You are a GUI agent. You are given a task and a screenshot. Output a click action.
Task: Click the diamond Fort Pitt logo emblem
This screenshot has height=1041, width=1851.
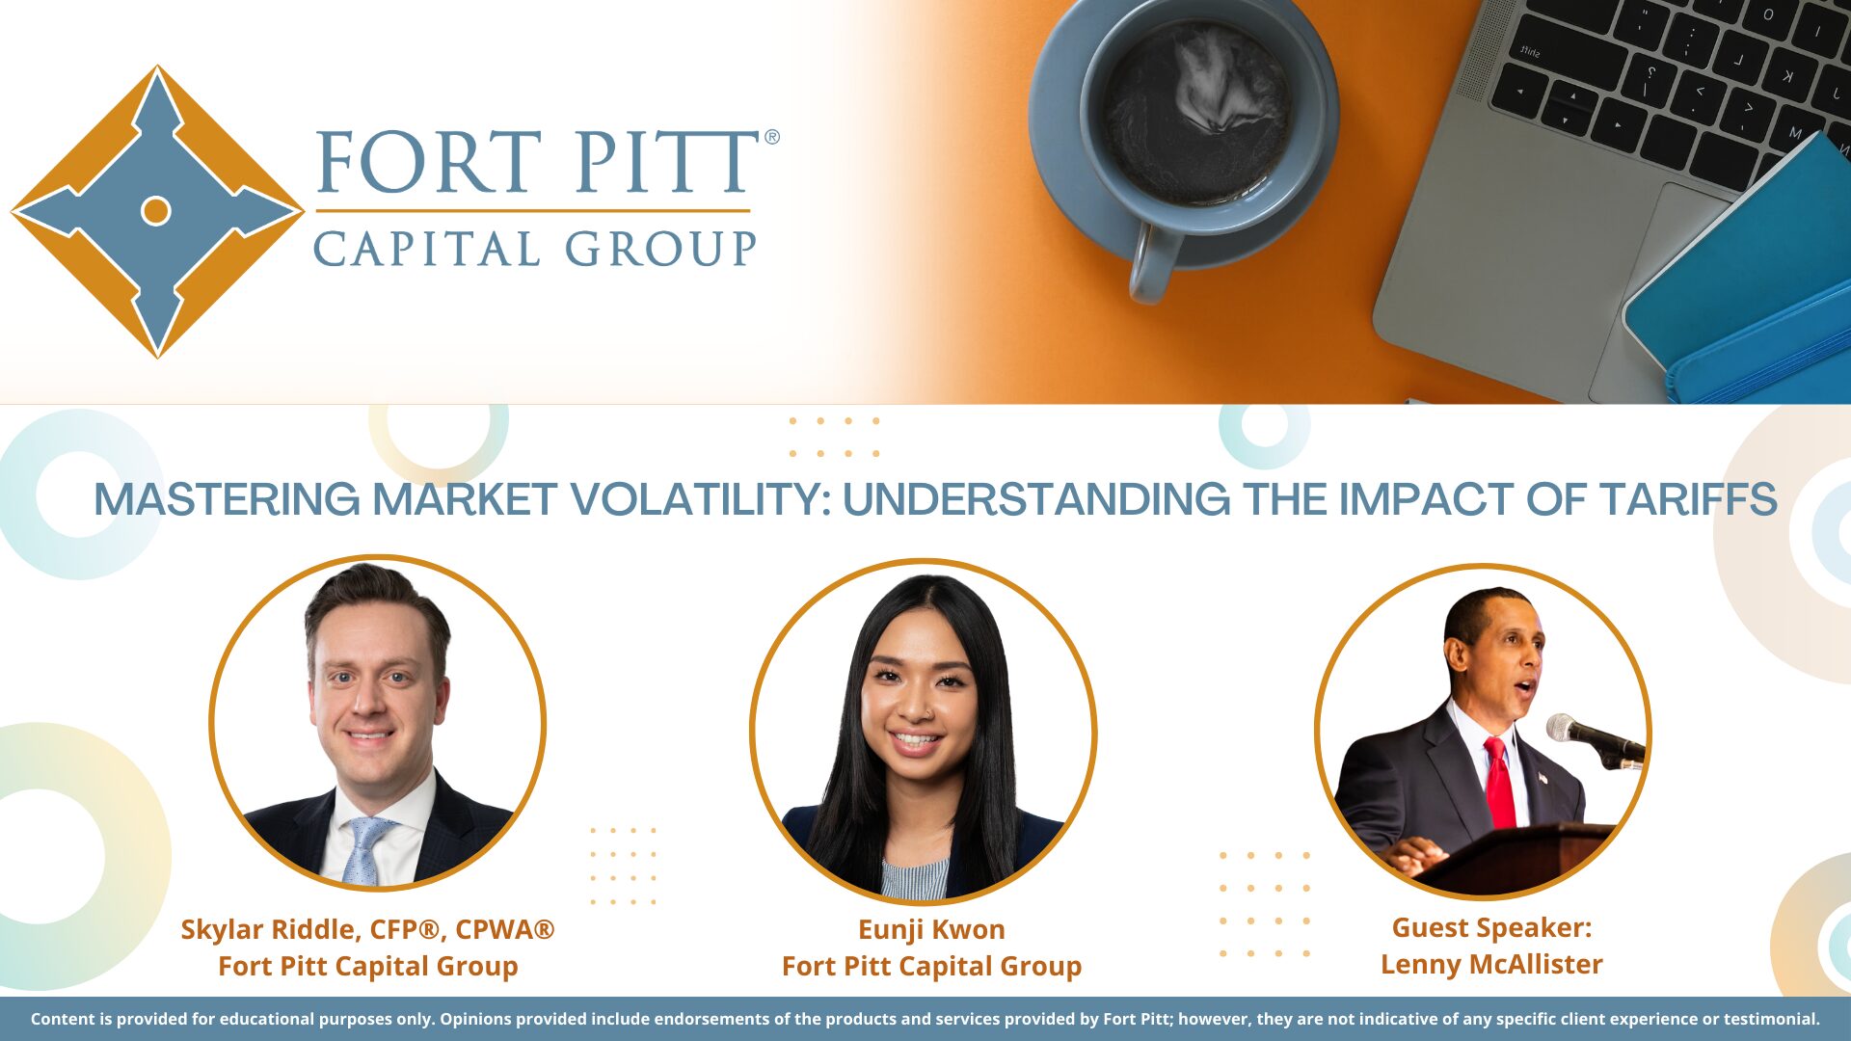point(157,211)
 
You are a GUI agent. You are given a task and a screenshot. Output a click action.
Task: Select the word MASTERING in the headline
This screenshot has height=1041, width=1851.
point(227,499)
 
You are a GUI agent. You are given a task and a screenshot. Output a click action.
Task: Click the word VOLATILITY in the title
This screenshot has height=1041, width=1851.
point(699,499)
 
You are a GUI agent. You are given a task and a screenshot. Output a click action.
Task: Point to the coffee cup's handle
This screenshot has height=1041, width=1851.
point(1152,262)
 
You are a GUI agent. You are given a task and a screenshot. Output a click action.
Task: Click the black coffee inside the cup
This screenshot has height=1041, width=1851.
point(1198,114)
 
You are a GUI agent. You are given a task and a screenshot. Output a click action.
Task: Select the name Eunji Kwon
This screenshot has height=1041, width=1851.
point(931,929)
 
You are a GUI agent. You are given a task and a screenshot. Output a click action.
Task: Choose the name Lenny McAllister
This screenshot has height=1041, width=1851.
point(1491,964)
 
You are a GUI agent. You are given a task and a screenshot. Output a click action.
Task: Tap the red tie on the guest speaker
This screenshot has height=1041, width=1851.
point(1499,783)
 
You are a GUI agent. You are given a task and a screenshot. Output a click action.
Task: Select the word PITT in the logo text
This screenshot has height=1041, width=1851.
point(667,161)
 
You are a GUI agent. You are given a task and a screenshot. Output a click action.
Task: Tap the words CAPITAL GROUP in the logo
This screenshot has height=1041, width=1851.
point(535,249)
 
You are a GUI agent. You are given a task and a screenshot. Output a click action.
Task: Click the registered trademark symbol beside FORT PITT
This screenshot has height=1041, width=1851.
point(771,137)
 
